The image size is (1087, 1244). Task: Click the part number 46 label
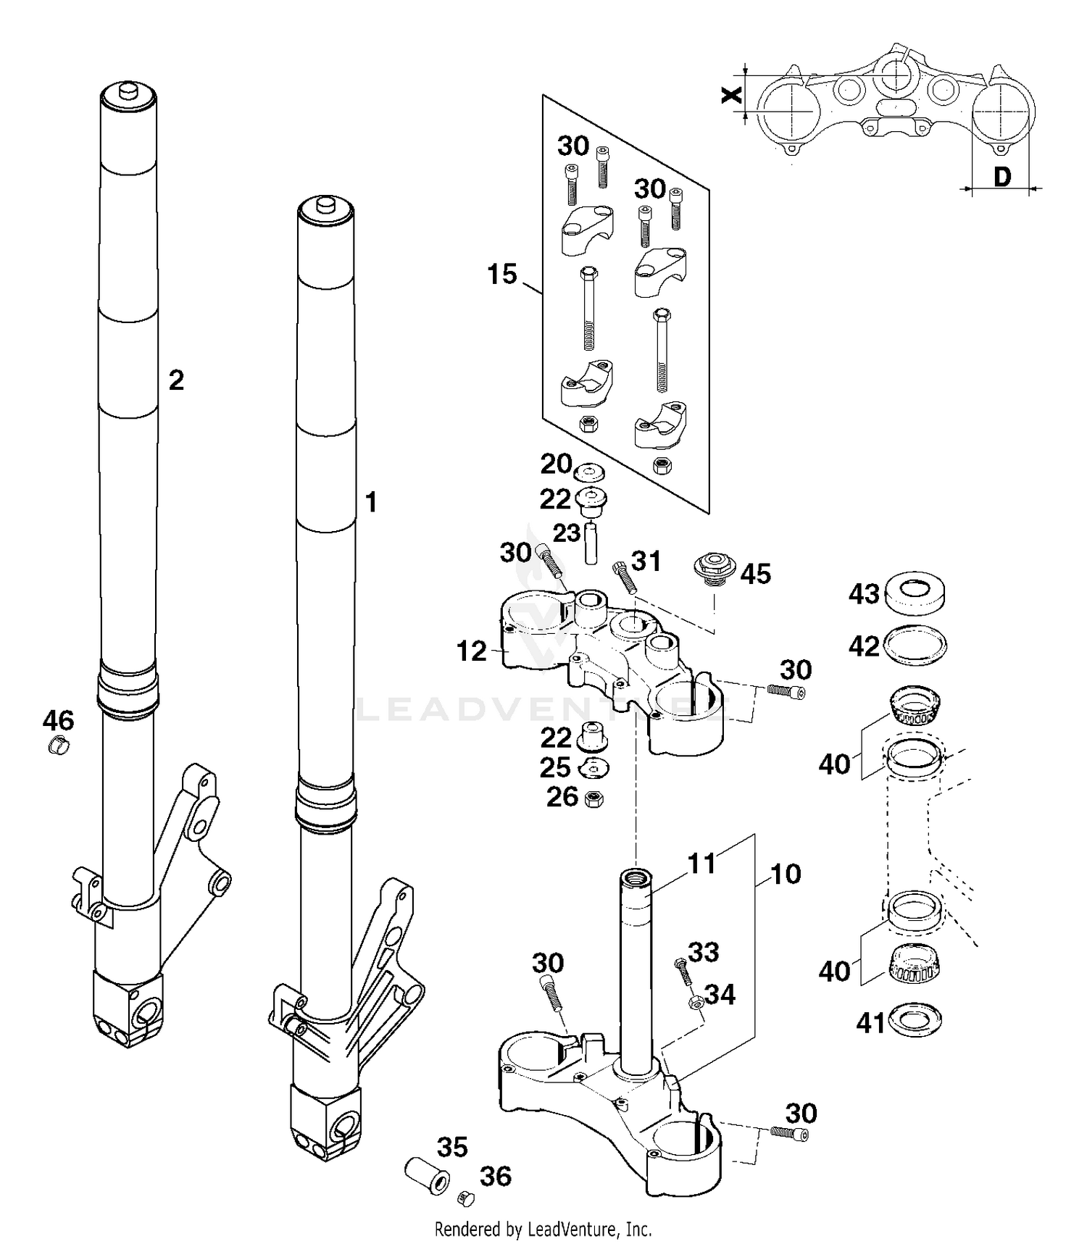point(58,720)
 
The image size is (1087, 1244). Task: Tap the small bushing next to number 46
point(57,745)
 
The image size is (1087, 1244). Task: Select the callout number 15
point(501,275)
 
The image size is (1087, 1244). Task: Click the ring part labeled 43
point(916,593)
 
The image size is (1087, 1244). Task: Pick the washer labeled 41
point(914,1019)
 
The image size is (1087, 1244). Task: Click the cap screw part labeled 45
point(715,566)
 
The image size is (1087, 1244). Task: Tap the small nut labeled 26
point(594,799)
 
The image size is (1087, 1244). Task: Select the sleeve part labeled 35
point(426,1176)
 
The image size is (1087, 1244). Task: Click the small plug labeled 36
point(465,1198)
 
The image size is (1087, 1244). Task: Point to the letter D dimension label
point(1001,177)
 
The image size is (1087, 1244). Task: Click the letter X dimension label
point(733,95)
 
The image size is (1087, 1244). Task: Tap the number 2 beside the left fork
point(176,380)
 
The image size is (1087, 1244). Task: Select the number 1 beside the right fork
point(370,501)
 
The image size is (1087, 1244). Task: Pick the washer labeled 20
point(590,473)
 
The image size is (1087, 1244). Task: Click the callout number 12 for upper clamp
point(471,651)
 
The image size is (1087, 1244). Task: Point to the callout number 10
point(786,874)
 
